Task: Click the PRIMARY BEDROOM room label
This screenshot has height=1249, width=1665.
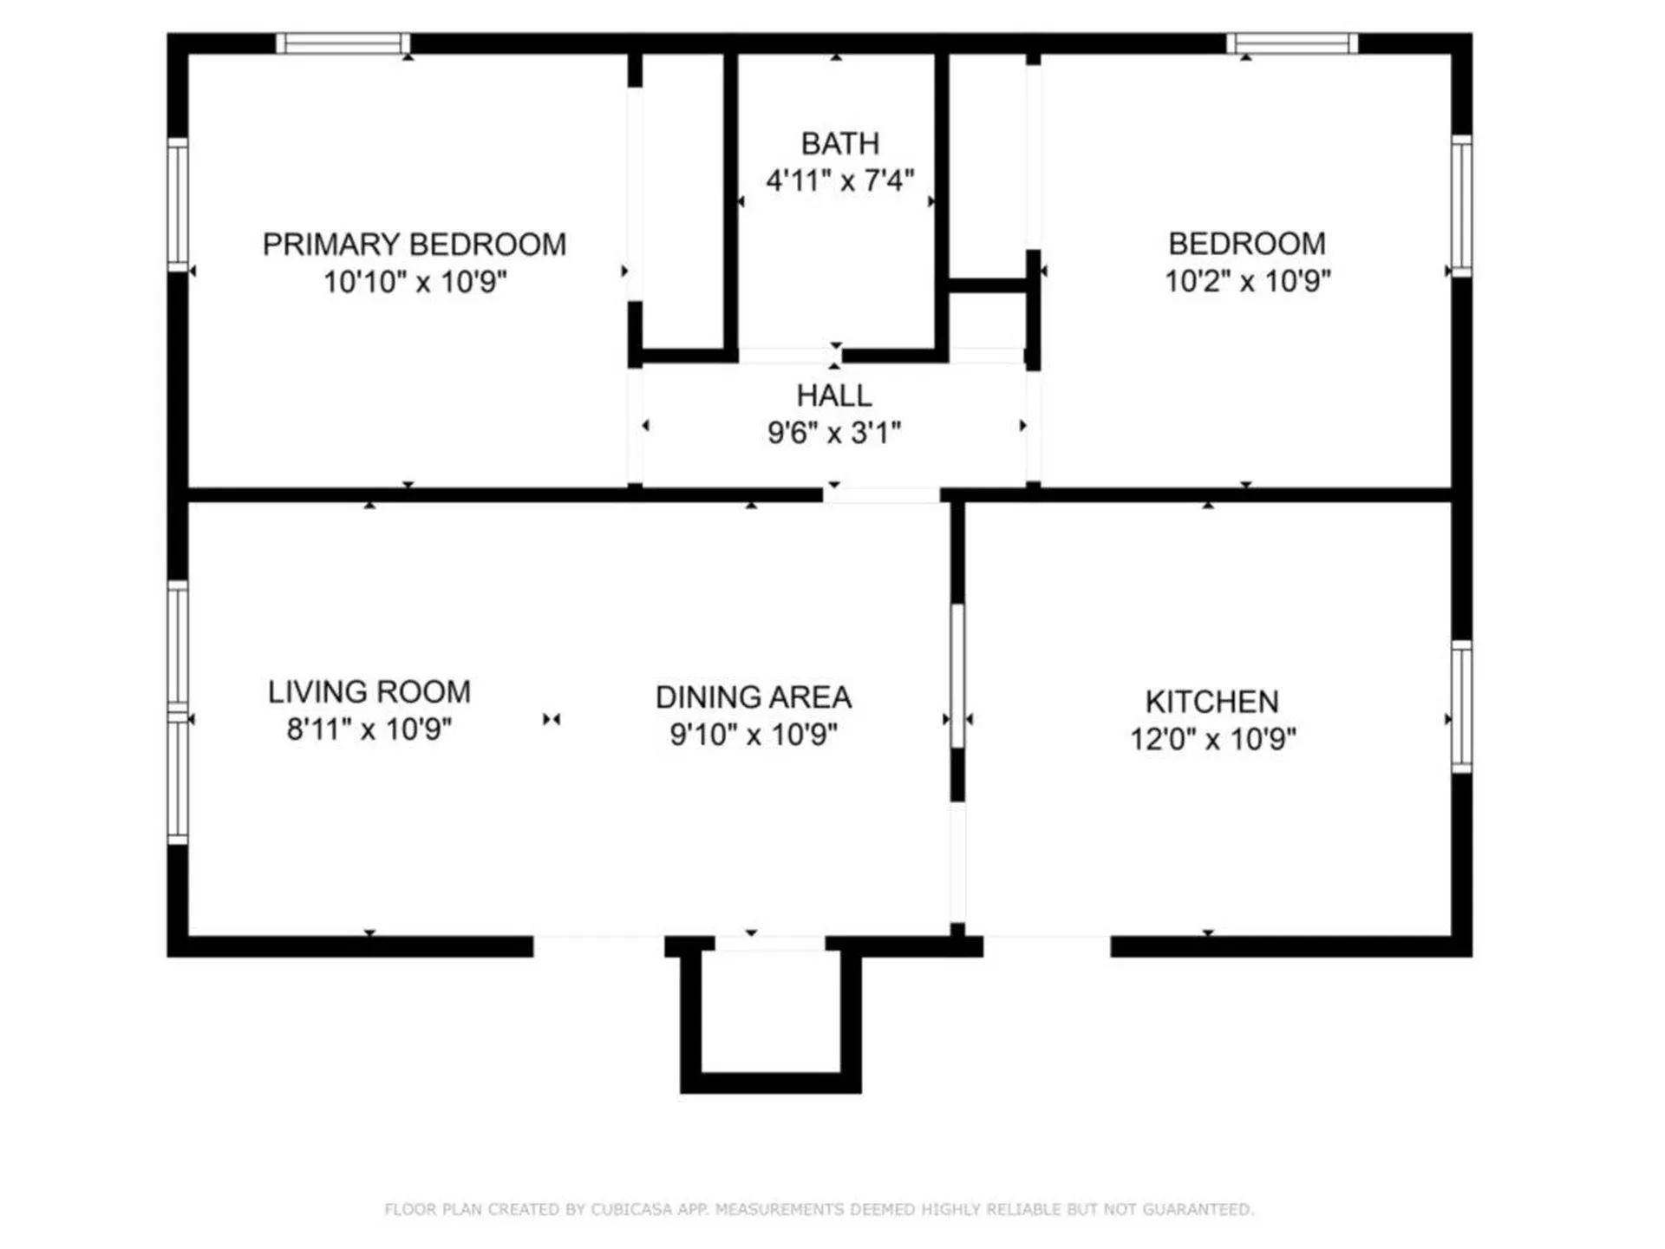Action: tap(415, 245)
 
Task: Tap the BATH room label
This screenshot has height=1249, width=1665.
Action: tap(839, 143)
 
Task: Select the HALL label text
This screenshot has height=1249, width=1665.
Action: tap(834, 396)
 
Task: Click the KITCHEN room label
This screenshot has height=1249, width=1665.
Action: tap(1211, 702)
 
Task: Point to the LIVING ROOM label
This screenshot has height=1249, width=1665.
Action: tap(369, 692)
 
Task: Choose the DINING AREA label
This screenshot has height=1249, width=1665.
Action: tap(754, 697)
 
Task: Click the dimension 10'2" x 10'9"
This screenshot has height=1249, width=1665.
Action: tap(1247, 281)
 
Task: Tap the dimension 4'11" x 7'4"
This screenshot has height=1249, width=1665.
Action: tap(839, 180)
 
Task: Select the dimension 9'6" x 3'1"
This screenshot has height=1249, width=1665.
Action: tap(834, 432)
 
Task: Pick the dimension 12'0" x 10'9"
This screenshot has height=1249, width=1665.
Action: tap(1212, 739)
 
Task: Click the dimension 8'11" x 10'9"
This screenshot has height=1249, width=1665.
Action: tap(369, 729)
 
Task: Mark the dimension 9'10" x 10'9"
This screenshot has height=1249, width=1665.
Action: tap(754, 735)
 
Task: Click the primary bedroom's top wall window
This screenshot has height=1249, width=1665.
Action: tap(343, 43)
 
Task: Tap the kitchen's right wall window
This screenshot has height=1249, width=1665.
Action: tap(1462, 707)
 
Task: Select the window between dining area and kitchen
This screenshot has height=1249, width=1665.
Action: tap(957, 676)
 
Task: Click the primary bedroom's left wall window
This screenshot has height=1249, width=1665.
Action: tap(178, 205)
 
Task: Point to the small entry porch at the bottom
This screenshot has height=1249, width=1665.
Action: tap(770, 1015)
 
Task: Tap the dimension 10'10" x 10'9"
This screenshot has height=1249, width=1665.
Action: tap(415, 282)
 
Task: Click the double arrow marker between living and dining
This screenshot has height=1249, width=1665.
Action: tap(552, 719)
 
